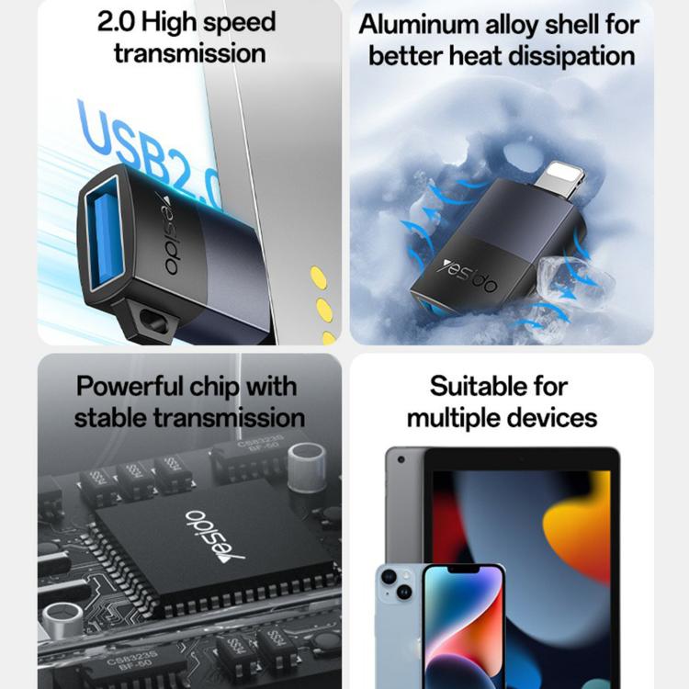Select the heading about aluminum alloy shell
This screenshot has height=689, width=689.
coord(501,40)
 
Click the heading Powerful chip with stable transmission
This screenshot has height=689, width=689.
coord(188,401)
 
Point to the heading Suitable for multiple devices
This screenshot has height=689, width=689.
coord(502,401)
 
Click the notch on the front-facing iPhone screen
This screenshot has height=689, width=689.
coord(464,573)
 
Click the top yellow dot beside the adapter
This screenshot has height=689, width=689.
coord(318,274)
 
